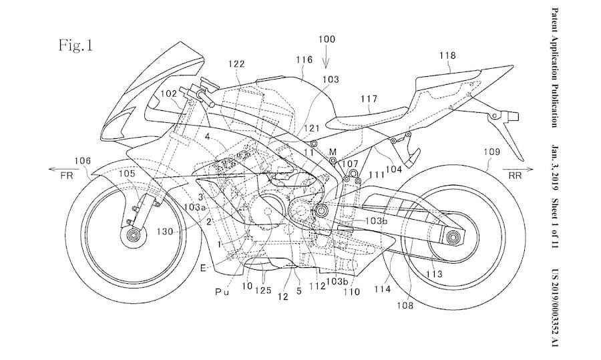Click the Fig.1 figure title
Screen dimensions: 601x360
[x=75, y=45]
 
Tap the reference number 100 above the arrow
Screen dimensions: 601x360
[x=326, y=39]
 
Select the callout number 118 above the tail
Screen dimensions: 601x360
[x=447, y=55]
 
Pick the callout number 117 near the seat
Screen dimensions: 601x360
[x=369, y=100]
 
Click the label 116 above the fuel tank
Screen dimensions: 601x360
[x=304, y=59]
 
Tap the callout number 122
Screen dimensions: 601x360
[x=236, y=63]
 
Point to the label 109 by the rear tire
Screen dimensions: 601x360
[x=491, y=152]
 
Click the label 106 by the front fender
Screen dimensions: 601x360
[x=82, y=161]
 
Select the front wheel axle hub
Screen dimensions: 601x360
[x=133, y=234]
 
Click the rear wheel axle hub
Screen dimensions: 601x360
[x=453, y=237]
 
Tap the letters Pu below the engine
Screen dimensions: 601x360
[x=222, y=293]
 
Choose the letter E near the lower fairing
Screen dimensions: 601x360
[x=203, y=268]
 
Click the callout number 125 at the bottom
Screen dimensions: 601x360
[x=263, y=291]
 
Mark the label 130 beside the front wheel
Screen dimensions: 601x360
[x=165, y=231]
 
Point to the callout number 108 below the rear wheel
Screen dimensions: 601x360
[x=405, y=305]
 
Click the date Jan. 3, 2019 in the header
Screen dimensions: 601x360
[x=554, y=168]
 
